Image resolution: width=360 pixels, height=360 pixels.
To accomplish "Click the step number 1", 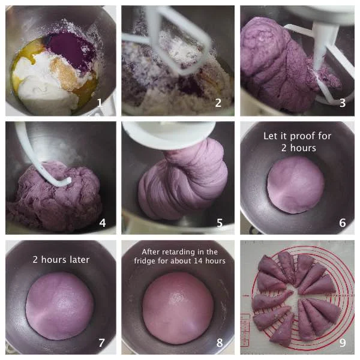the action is click(99, 103).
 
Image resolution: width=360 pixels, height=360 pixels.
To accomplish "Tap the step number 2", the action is click(218, 103).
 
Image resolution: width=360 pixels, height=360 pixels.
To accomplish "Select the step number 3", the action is click(343, 103).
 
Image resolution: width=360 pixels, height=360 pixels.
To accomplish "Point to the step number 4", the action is click(103, 223).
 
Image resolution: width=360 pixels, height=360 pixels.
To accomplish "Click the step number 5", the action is click(220, 223).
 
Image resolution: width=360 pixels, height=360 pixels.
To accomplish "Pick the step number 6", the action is click(343, 223).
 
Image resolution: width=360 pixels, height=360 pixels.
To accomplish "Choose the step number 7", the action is click(102, 343).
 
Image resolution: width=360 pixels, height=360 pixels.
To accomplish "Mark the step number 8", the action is click(220, 343).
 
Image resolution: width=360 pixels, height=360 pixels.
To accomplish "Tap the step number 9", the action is click(343, 343).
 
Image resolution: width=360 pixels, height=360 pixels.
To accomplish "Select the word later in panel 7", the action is click(78, 260).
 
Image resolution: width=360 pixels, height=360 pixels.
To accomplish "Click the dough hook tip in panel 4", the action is click(68, 181).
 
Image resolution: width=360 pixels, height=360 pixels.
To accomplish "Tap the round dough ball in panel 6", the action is click(296, 185).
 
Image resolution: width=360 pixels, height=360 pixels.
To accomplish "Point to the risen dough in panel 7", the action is click(59, 306).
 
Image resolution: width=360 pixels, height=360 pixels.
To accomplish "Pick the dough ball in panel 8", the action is click(178, 308).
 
